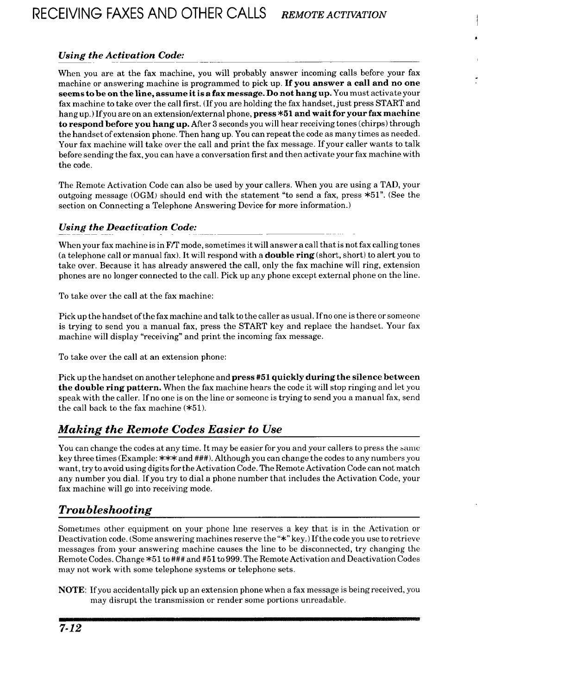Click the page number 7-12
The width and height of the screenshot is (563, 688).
(69, 630)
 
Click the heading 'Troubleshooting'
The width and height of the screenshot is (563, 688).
(105, 510)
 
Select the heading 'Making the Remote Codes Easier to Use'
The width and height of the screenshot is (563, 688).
(170, 429)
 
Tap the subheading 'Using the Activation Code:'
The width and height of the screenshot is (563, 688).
(121, 56)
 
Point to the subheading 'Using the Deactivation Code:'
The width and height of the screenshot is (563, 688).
(128, 227)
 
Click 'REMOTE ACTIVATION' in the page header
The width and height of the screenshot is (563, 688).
(334, 14)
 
